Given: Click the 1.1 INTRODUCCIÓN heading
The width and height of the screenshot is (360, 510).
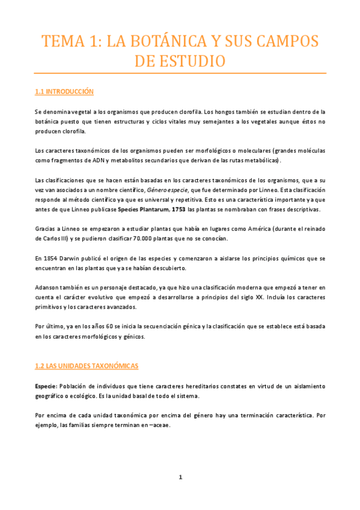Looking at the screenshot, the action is pyautogui.click(x=65, y=91).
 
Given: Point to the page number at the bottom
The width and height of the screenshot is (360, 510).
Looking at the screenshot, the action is pyautogui.click(x=180, y=478).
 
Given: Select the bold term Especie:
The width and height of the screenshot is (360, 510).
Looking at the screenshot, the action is pyautogui.click(x=46, y=385).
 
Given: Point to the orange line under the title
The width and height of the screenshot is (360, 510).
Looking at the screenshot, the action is pyautogui.click(x=180, y=73).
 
